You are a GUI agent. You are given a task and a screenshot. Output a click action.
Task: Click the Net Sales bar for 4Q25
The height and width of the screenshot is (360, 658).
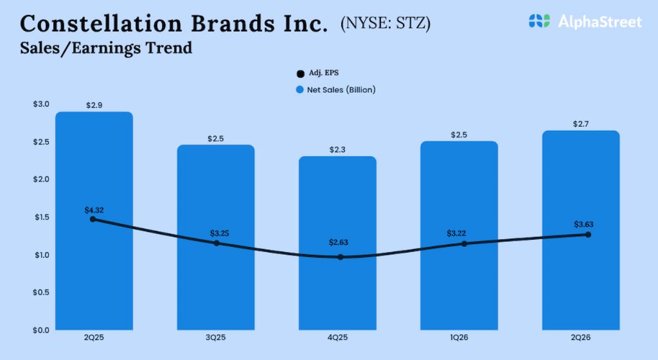pos(338,289)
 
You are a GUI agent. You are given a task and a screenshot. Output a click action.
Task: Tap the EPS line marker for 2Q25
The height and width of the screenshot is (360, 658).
pos(93,219)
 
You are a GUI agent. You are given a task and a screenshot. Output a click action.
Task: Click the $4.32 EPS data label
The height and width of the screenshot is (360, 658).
pos(94,210)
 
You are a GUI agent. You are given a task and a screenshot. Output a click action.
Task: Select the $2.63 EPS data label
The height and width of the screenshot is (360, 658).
pos(339,242)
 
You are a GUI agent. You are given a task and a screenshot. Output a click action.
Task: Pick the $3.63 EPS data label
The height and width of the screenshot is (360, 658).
pos(583,224)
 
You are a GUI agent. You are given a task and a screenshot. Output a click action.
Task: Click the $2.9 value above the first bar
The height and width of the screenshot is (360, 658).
pos(94,105)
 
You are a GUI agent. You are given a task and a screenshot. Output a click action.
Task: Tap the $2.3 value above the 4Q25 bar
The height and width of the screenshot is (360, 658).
pos(339,149)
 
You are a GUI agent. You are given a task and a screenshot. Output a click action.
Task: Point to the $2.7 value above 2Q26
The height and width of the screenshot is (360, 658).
pos(582,124)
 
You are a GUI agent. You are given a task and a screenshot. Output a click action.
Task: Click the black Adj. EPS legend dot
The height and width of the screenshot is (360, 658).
pos(300,74)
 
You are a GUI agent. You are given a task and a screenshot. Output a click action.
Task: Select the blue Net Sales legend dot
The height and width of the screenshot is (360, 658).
pos(300,90)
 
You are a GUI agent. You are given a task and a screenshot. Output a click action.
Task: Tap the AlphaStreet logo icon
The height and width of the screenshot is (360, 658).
pos(540,21)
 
